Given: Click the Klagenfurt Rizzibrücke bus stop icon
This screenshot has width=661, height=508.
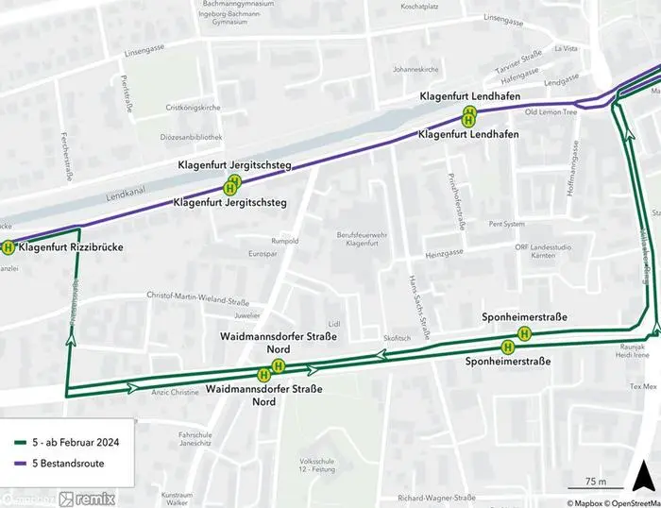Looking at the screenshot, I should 8,248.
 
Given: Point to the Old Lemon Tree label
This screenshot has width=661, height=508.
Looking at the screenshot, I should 551,112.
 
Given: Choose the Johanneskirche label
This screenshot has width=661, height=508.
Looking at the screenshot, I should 418,69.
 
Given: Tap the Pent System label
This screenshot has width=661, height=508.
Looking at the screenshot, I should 506,225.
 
